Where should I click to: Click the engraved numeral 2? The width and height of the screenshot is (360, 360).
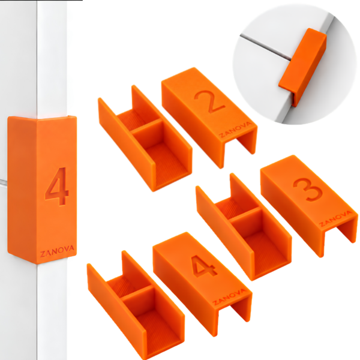tap(209, 102)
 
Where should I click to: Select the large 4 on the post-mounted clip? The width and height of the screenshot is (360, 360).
tap(57, 186)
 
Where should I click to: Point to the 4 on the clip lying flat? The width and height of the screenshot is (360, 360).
tap(205, 266)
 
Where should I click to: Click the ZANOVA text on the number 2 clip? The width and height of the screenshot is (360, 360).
tap(236, 130)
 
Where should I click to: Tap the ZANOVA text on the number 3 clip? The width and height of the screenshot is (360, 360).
tap(336, 219)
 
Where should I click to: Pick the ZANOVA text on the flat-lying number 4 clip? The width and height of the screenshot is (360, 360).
tap(230, 297)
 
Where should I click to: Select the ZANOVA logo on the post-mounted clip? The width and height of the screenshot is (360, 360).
tap(57, 251)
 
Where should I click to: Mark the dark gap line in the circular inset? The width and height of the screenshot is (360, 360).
tap(265, 47)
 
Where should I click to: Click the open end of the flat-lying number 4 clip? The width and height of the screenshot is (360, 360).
tap(233, 315)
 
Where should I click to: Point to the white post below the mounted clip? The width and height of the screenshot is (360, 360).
tap(52, 311)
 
